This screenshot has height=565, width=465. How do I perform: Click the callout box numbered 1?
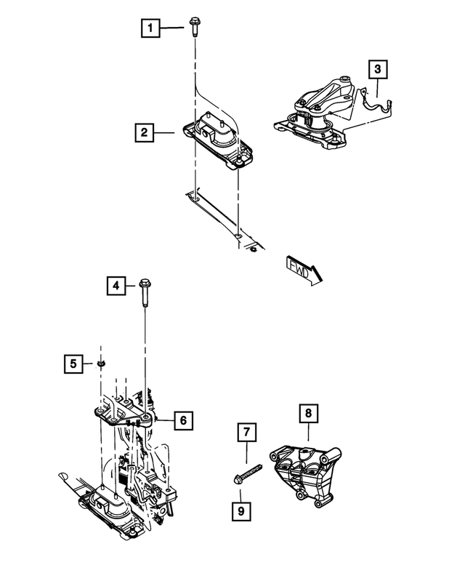tap(150, 29)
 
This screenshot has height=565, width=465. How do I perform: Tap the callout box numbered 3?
tap(377, 70)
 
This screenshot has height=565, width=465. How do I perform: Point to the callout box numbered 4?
tap(115, 286)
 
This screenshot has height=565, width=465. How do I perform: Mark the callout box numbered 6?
tap(183, 420)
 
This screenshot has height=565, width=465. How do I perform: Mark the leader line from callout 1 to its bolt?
tap(172, 29)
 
